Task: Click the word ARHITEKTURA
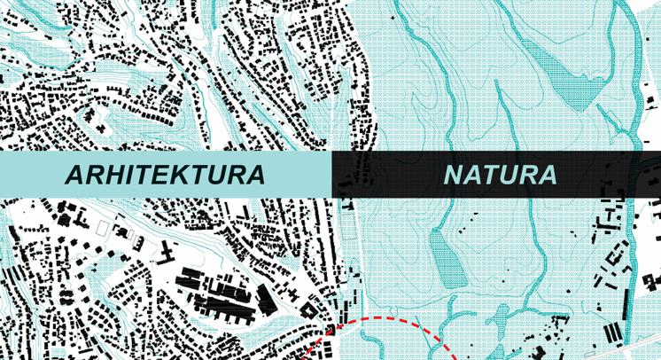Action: tap(166, 175)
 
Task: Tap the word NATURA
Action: tap(501, 175)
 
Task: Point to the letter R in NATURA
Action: tap(528, 175)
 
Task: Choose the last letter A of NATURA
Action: tap(547, 175)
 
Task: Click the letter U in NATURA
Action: tap(509, 175)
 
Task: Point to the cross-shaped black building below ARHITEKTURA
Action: tap(166, 254)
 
